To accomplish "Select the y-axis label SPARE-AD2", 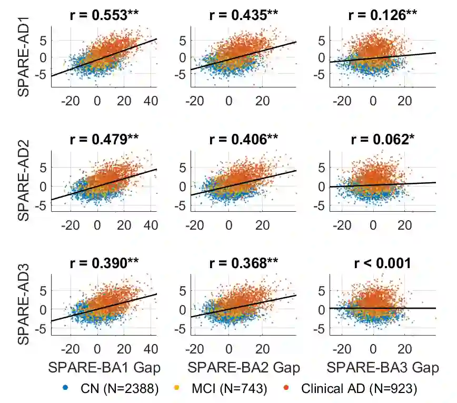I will [24, 183].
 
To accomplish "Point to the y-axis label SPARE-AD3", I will [24, 307].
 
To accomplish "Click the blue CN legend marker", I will [65, 389].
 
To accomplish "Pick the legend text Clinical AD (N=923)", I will [359, 389].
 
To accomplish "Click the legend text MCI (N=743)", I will [229, 389].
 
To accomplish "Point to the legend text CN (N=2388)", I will [120, 389].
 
